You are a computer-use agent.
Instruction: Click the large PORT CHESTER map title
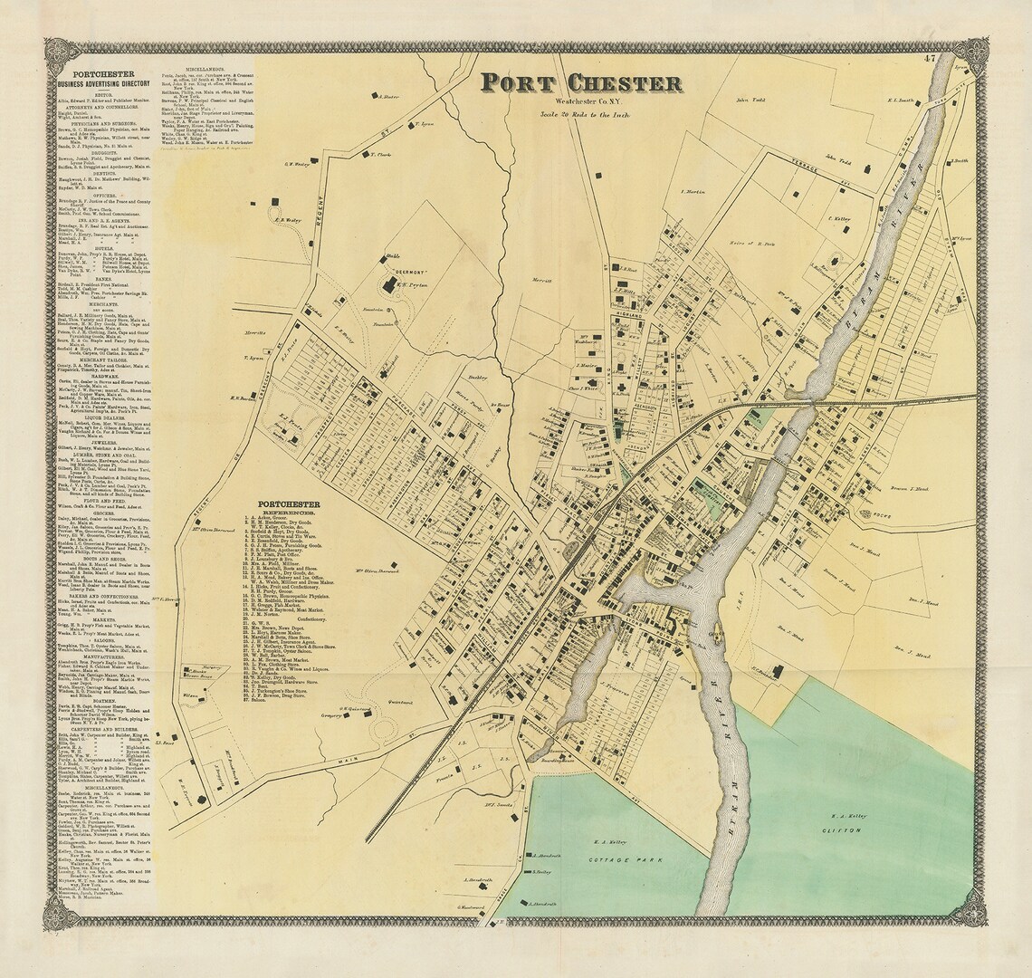tap(580, 83)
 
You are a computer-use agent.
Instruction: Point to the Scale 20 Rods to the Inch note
tap(585, 114)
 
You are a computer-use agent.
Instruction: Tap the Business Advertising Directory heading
tap(102, 84)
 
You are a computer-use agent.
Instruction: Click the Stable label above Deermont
tap(394, 257)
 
